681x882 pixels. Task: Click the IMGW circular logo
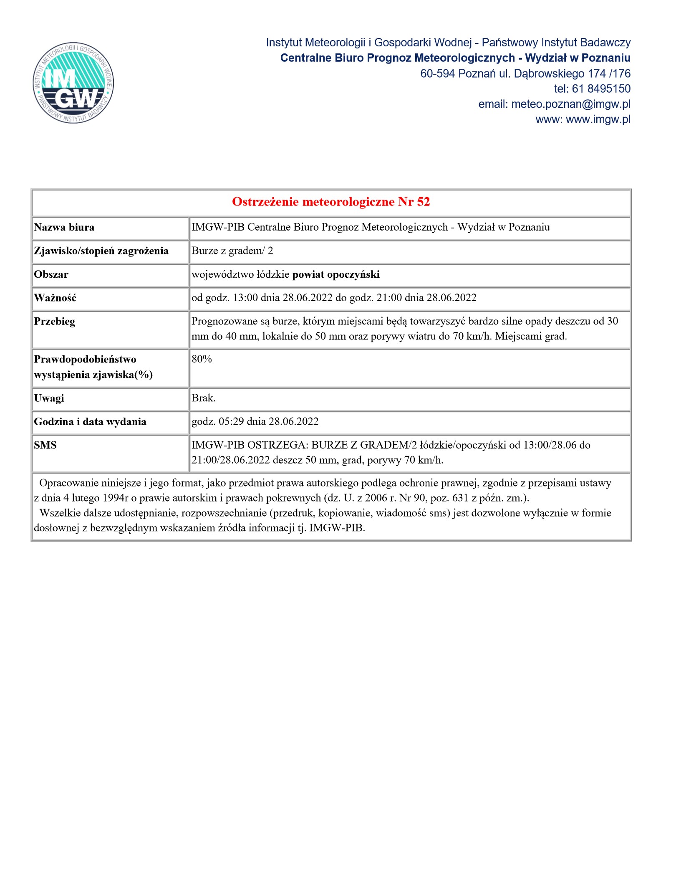[73, 83]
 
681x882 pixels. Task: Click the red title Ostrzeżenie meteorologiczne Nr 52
[331, 202]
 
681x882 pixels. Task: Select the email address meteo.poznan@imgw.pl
[571, 104]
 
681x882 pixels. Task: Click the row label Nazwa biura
[64, 228]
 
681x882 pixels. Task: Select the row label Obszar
[51, 275]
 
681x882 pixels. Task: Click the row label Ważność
[55, 298]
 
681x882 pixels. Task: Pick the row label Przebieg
[55, 322]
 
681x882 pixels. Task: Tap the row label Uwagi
[49, 398]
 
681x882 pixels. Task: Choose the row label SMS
[45, 445]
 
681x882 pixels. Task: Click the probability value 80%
[202, 359]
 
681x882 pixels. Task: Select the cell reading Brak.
[204, 398]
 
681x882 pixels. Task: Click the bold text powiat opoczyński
[336, 275]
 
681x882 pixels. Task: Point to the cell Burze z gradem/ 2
[232, 251]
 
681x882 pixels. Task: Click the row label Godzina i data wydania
[90, 422]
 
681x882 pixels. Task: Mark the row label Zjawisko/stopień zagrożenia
[101, 251]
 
